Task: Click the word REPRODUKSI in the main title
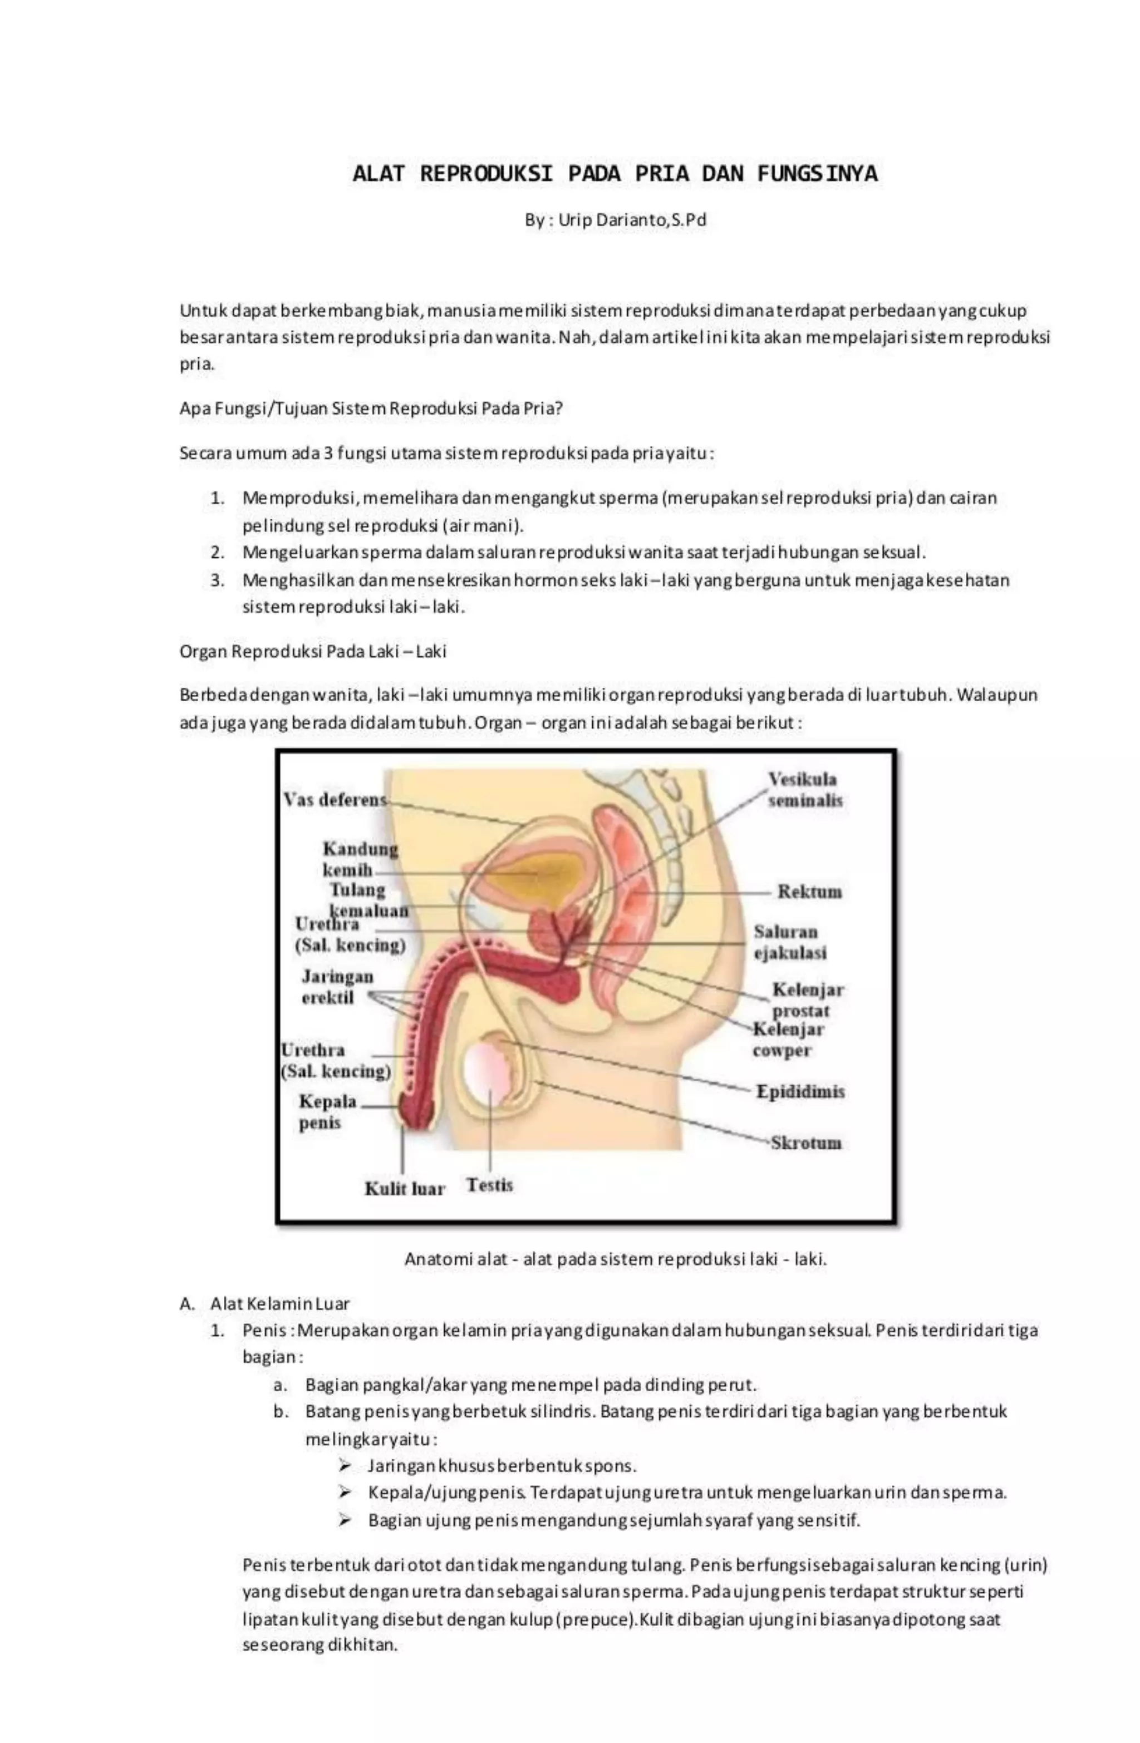coord(486,174)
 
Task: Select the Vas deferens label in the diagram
coord(334,799)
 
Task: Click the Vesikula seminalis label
coord(804,790)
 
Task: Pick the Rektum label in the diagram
coord(809,892)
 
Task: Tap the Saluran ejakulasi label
coord(789,942)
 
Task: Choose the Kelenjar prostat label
coord(806,999)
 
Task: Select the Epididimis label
coord(799,1091)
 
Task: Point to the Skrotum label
coord(805,1143)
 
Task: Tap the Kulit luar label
coord(405,1188)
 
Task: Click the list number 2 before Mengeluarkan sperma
coord(217,552)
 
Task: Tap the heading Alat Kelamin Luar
coord(279,1303)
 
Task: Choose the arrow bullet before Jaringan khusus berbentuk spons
coord(345,1465)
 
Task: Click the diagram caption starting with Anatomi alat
coord(616,1259)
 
